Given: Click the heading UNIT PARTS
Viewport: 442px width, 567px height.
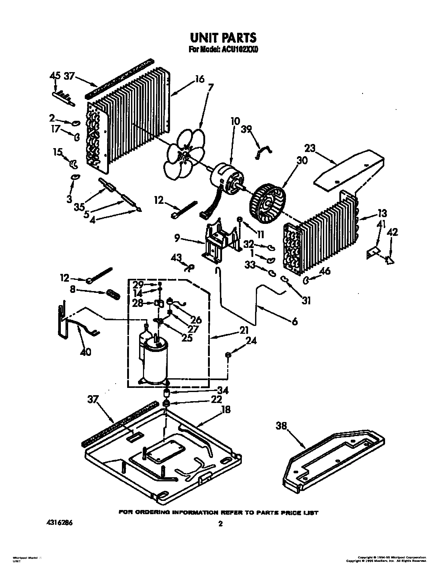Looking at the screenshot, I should click(223, 37).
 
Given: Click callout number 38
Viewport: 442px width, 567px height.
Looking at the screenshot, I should click(281, 427).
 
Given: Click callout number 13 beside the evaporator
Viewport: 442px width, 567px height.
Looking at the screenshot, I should click(382, 213).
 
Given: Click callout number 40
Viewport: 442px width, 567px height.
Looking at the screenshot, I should click(86, 352).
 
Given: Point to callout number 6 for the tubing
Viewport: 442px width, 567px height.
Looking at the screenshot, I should click(294, 322).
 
